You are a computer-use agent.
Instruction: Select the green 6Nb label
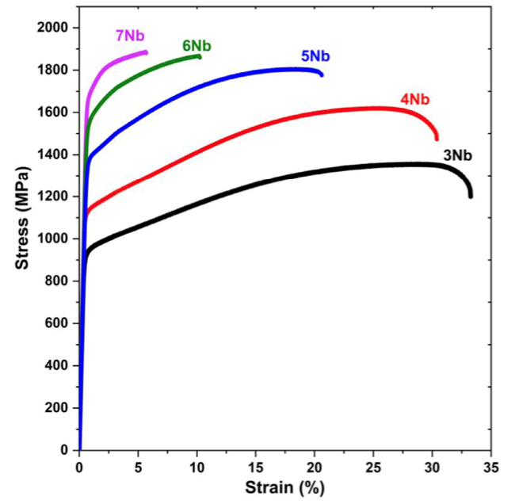click(x=197, y=46)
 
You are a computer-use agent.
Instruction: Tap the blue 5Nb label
click(x=315, y=56)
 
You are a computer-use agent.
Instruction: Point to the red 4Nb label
click(x=415, y=100)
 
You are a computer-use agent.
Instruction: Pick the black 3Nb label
click(x=457, y=155)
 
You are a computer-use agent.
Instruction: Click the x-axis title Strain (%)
click(x=284, y=487)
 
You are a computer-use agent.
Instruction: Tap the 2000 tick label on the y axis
click(x=52, y=28)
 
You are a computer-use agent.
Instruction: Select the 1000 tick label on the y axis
click(x=52, y=239)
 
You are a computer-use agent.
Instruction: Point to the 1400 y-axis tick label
click(x=52, y=155)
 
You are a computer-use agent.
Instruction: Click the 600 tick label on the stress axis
click(x=56, y=323)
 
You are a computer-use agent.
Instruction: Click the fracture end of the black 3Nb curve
click(x=471, y=196)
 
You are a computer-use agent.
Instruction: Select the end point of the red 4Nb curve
click(x=437, y=139)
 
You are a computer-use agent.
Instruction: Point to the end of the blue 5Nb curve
click(x=321, y=74)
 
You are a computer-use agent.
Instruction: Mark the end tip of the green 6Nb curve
click(x=199, y=57)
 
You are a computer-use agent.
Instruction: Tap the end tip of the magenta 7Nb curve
click(x=146, y=52)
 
